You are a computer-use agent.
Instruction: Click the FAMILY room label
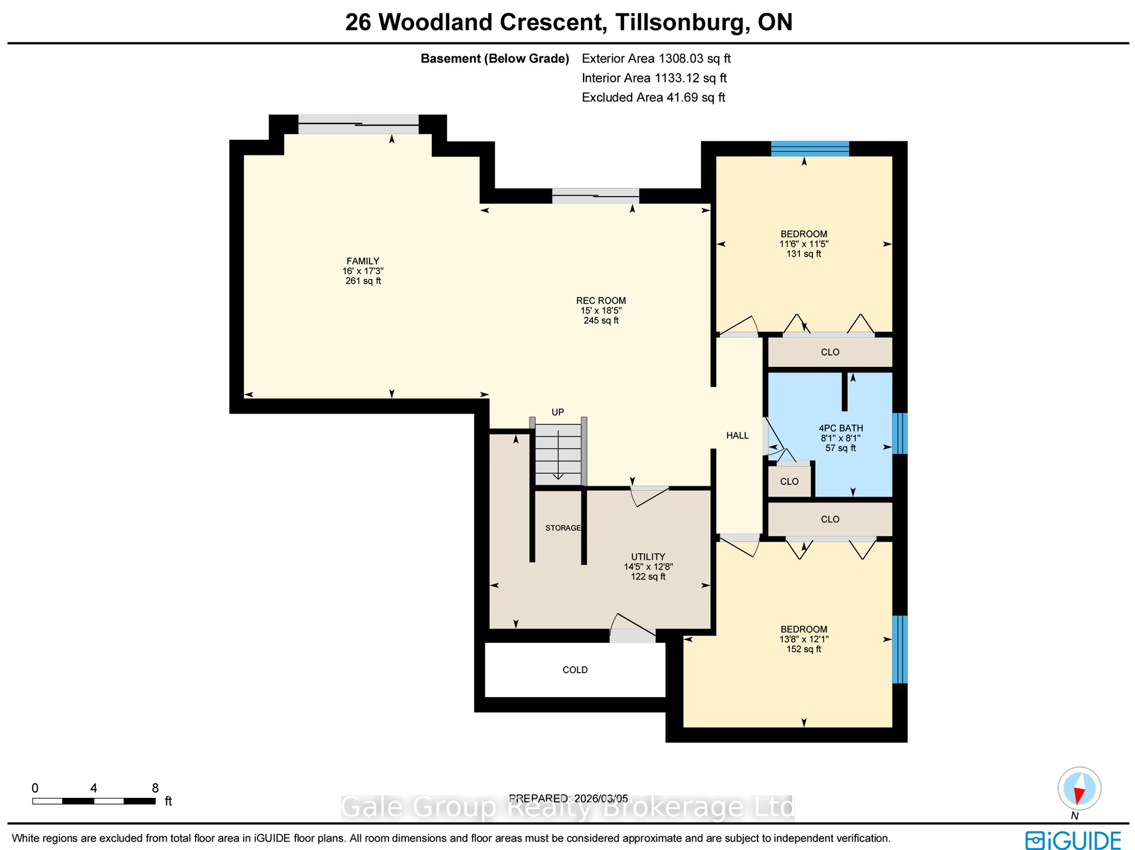click(x=363, y=261)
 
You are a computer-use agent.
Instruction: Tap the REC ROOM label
click(x=601, y=301)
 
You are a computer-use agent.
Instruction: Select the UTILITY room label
click(x=648, y=557)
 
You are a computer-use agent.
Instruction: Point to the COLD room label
click(x=575, y=670)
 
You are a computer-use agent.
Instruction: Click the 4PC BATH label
click(x=841, y=428)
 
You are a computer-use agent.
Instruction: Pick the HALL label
click(x=738, y=436)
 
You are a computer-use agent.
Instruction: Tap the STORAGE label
click(x=563, y=528)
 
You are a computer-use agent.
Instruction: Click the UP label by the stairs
click(x=558, y=412)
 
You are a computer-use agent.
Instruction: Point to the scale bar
click(x=94, y=801)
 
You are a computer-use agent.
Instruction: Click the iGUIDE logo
click(x=1073, y=840)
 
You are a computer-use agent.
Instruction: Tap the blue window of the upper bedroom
click(x=810, y=149)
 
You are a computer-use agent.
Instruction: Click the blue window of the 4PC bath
click(x=900, y=433)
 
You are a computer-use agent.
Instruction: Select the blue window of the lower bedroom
click(x=900, y=649)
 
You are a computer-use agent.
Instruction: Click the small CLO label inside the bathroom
click(x=789, y=482)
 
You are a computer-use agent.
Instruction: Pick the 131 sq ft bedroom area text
click(x=804, y=254)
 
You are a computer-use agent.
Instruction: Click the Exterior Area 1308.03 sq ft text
click(x=656, y=59)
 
